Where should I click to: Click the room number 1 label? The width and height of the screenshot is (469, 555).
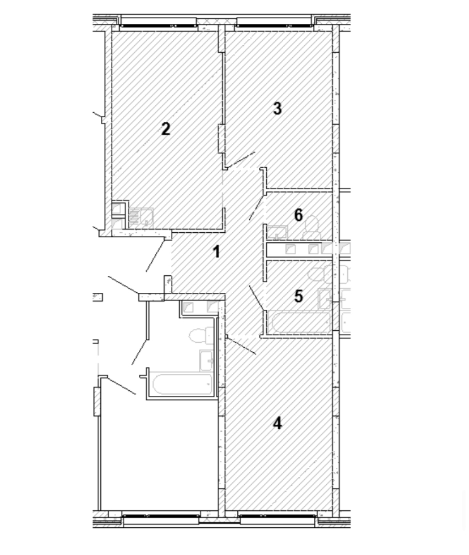click(x=216, y=251)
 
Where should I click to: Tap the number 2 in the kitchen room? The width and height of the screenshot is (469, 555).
click(x=165, y=129)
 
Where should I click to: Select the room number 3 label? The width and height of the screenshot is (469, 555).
click(x=278, y=108)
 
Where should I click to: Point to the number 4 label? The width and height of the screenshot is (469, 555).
click(x=278, y=423)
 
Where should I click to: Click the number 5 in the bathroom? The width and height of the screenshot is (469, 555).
click(x=299, y=296)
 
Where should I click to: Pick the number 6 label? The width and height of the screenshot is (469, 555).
click(x=299, y=215)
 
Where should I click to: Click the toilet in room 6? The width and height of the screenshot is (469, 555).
click(x=312, y=228)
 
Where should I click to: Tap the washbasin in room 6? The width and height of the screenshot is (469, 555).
click(x=277, y=232)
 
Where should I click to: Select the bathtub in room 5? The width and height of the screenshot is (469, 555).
click(x=300, y=322)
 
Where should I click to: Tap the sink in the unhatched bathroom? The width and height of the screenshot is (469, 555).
click(x=207, y=360)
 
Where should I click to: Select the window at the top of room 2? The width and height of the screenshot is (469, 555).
click(x=158, y=25)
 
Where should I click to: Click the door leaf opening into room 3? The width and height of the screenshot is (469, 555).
click(x=241, y=159)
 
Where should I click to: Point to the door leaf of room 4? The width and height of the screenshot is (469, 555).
click(x=241, y=345)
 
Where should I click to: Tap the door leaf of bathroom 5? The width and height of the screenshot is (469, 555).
click(x=257, y=298)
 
